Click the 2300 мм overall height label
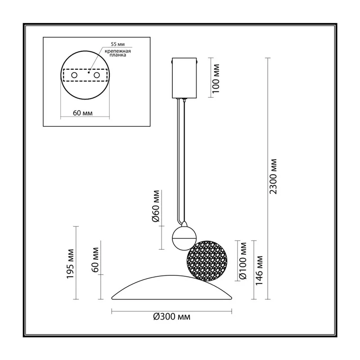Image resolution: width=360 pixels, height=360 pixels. [x=273, y=176]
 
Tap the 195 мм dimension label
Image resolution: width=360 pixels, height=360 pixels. [x=70, y=264]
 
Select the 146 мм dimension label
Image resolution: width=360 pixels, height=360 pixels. [x=259, y=270]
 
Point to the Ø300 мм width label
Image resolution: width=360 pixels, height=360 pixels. [x=172, y=317]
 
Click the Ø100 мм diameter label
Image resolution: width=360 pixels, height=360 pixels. [x=243, y=261]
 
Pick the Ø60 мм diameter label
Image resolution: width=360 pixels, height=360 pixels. [x=156, y=206]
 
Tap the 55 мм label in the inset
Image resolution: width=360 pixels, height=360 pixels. [x=118, y=44]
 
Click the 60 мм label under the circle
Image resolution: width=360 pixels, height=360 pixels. [x=83, y=113]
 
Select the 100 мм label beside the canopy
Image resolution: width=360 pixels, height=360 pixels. [x=216, y=78]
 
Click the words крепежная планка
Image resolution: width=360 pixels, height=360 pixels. [x=118, y=53]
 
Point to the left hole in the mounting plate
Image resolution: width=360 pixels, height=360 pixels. [x=74, y=75]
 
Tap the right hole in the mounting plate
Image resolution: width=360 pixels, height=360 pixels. [x=97, y=75]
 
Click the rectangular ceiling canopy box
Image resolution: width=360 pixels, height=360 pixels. [x=184, y=78]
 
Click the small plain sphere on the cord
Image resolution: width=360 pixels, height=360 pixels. [x=184, y=238]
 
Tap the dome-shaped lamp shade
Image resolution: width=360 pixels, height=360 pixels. [x=172, y=288]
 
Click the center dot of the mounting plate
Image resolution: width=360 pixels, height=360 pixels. [x=89, y=72]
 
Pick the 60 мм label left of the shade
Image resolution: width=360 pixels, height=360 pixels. [x=95, y=260]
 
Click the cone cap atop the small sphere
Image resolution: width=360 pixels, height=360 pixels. [x=184, y=224]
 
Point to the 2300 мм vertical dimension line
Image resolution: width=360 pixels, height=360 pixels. [x=267, y=179]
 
